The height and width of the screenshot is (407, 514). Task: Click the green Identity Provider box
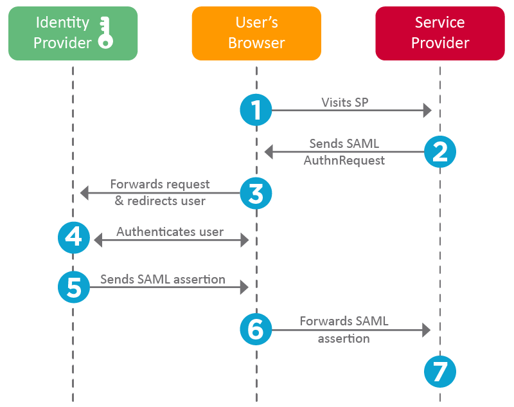73,33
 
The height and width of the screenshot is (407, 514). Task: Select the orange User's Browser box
256,33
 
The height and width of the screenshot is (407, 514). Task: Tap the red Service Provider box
440,33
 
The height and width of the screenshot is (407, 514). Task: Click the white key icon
105,33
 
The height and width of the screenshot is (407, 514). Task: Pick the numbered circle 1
256,111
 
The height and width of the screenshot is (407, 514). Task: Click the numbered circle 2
440,152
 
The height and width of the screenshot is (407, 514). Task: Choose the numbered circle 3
256,192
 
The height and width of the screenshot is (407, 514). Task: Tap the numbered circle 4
74,239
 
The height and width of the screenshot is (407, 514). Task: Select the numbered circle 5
74,287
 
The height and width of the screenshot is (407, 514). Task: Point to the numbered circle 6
256,330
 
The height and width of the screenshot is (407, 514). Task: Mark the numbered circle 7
440,371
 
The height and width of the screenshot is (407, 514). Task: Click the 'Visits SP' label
345,102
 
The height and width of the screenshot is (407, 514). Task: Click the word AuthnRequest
344,160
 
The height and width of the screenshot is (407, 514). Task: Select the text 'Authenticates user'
170,231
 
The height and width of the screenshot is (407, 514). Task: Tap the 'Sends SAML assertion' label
163,279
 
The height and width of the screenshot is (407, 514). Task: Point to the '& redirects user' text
160,201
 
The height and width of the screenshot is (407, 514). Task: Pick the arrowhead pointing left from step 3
84,192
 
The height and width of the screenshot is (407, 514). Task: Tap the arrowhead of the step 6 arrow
427,330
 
